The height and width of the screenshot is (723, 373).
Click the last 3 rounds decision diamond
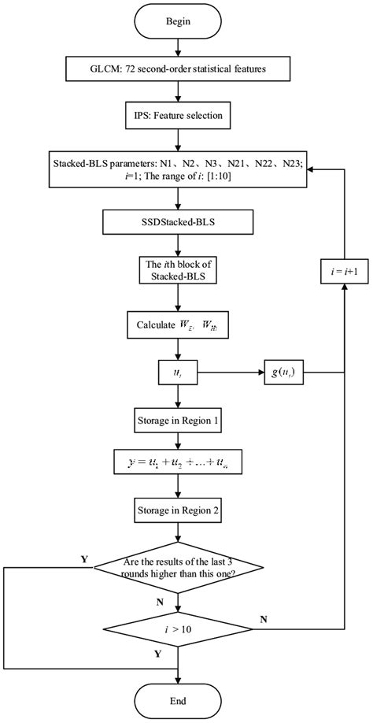click(x=181, y=567)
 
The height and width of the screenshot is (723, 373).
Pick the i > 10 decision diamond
click(x=181, y=629)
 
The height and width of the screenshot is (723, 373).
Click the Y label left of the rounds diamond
click(x=84, y=558)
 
